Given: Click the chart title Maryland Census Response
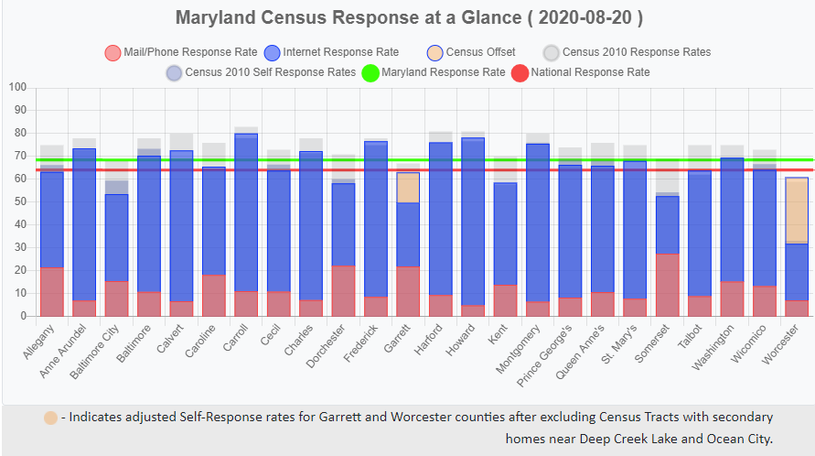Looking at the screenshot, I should [408, 18].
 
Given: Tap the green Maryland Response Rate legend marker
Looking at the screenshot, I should [370, 72].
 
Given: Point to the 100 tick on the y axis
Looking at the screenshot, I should [18, 88].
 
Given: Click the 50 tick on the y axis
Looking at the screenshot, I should [21, 201].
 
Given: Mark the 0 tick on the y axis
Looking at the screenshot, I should [24, 316].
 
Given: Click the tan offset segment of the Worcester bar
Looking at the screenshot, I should [797, 211].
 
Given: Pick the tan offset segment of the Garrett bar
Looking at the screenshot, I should [408, 188].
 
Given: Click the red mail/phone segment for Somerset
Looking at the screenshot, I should [668, 285].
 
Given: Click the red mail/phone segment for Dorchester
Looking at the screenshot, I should [343, 290].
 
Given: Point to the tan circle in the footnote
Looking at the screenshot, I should [51, 418].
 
